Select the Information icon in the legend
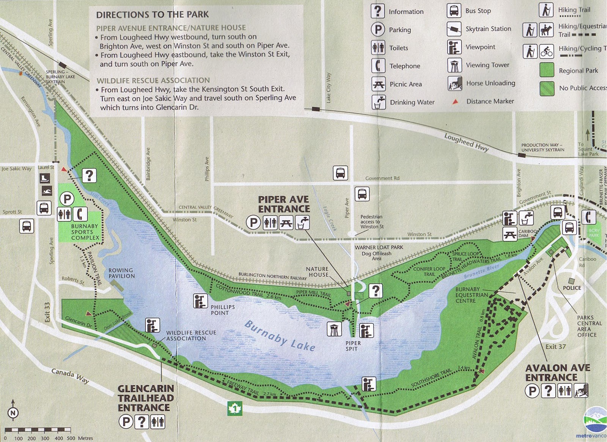(x=377, y=11)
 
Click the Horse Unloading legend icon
(x=454, y=83)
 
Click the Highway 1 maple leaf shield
(x=234, y=409)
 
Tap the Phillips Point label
(x=223, y=310)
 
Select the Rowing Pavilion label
(x=121, y=273)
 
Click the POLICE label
(x=572, y=288)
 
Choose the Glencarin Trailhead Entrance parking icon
(x=126, y=421)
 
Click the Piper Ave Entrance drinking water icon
(x=302, y=223)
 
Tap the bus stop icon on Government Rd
(x=340, y=173)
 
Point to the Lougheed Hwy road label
(x=466, y=143)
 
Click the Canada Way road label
(x=70, y=376)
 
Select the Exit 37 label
(x=555, y=346)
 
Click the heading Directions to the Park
(x=152, y=15)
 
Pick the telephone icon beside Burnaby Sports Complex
(x=80, y=214)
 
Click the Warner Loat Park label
(x=379, y=247)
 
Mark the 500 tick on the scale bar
(x=71, y=438)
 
